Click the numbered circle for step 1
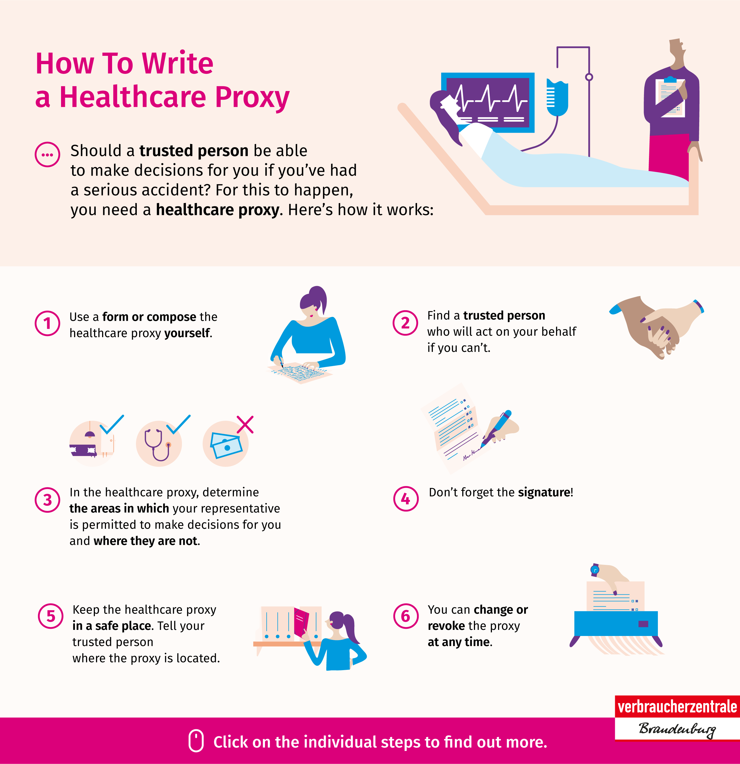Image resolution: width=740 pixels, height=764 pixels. [x=47, y=323]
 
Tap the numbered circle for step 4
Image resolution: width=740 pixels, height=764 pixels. [x=406, y=499]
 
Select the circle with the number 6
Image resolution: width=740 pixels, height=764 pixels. [x=406, y=616]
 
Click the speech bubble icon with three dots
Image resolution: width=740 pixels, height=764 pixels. [x=47, y=154]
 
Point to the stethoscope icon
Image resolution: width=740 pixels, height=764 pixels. [x=157, y=444]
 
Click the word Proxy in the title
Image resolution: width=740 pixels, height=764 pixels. [x=252, y=97]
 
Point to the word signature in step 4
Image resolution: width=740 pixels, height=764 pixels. [x=544, y=493]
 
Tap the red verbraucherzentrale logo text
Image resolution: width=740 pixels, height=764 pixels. [x=677, y=706]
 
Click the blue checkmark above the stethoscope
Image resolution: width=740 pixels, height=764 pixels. [x=179, y=424]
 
